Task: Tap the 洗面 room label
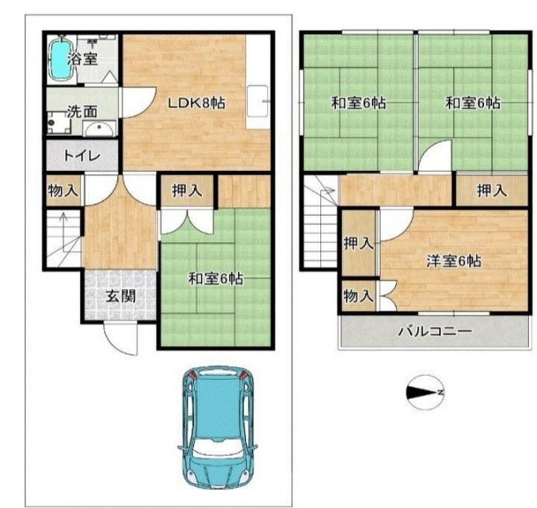click(81, 112)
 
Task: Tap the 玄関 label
click(119, 296)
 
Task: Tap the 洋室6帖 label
click(453, 261)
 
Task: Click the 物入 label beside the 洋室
click(358, 296)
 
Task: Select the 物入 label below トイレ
click(62, 190)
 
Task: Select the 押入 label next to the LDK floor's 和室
click(187, 191)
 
